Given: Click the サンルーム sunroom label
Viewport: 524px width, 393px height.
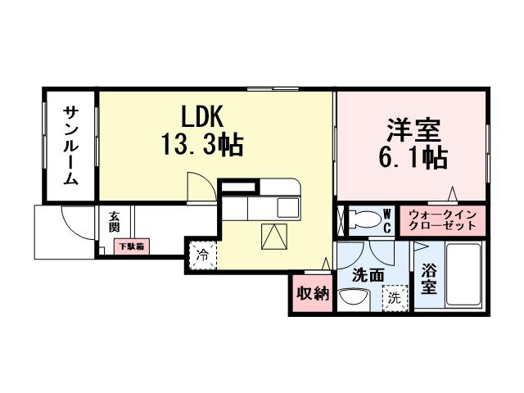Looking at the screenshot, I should click(x=70, y=147).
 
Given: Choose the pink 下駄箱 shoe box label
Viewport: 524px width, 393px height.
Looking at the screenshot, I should click(x=130, y=245).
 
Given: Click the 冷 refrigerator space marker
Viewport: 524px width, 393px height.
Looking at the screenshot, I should click(x=202, y=254).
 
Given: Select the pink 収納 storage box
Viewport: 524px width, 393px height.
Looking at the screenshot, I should click(x=312, y=294).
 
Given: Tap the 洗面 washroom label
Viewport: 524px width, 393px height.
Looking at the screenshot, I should click(x=367, y=276).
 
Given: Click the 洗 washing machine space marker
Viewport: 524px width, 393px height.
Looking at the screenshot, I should click(x=395, y=297).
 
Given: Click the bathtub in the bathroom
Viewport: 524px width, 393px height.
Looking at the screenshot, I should click(x=464, y=275).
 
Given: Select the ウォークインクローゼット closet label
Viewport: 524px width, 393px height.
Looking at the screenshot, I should click(x=443, y=219).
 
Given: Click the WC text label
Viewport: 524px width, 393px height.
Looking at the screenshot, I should click(x=387, y=219).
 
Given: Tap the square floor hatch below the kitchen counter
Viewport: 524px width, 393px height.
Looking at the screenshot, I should click(x=271, y=237).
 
